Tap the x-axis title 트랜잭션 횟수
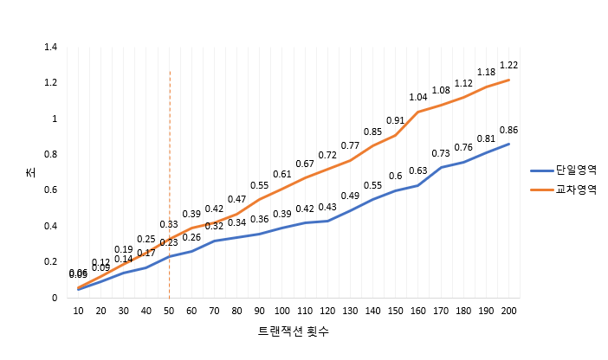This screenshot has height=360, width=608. [x=294, y=331]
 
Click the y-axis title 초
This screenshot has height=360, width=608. [x=31, y=172]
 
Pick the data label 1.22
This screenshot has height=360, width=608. [x=509, y=66]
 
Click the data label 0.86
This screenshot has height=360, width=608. [x=509, y=130]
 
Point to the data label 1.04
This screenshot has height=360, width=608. [x=418, y=97]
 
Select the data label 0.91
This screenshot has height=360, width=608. [x=396, y=120]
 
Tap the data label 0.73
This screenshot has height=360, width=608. [x=441, y=153]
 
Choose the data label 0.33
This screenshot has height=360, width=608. [x=170, y=224]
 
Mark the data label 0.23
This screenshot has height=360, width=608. [x=170, y=242]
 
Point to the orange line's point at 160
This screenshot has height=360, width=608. [x=418, y=112]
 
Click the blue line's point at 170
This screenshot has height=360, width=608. [x=441, y=167]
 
